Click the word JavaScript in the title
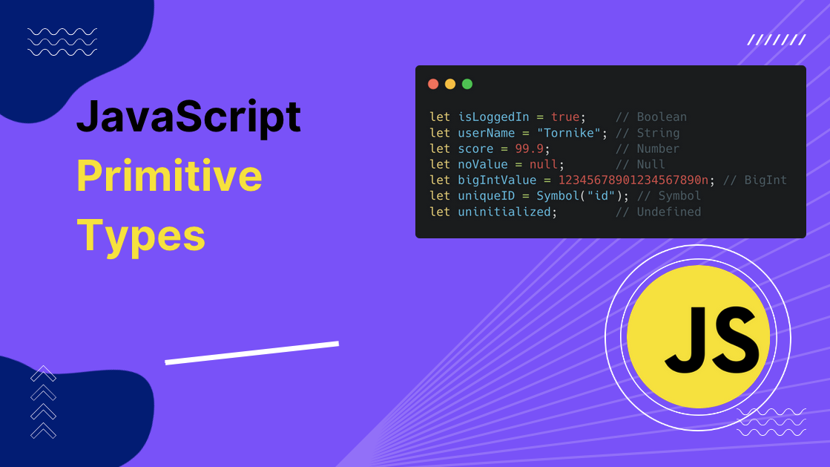pos(188,117)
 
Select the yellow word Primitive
pos(169,176)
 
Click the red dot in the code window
pos(433,84)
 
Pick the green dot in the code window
pos(467,84)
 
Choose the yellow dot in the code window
pos(450,84)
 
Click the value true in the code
pos(565,117)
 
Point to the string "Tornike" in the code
pos(561,133)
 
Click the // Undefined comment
pos(658,212)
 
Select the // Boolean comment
pos(651,117)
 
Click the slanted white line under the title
pos(251,353)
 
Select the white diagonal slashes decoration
pos(776,40)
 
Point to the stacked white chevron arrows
pos(43,402)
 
